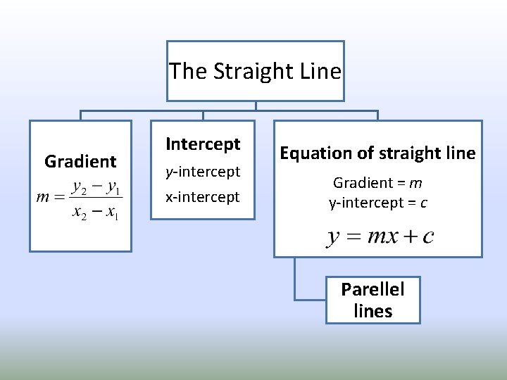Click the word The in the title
pos(189,72)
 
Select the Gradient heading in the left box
pos(80,162)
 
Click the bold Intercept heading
pos(203,144)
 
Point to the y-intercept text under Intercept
pos(203,172)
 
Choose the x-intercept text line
pos(203,197)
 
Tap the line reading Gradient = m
pos(377,183)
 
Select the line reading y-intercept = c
pos(377,203)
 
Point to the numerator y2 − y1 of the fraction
pos(96,188)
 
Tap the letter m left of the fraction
pos(43,198)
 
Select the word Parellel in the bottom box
pos(373,289)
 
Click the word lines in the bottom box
pos(373,311)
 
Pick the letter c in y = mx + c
pos(427,236)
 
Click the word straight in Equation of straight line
pos(409,153)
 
